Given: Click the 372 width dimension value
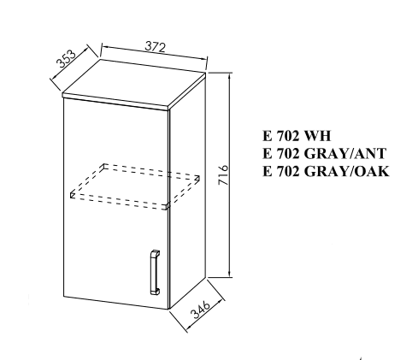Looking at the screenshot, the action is coord(156,47).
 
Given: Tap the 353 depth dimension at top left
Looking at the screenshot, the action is coord(66,58).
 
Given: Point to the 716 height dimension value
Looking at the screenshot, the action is coord(223,174).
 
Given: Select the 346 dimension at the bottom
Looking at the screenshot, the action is coord(201,309).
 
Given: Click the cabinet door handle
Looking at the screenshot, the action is coord(155,273).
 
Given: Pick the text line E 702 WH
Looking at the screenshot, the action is coord(297,136).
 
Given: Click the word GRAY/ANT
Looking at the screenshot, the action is coord(345,154).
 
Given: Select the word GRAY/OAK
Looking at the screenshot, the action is coord(346,171).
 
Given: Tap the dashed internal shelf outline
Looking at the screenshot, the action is coord(135,186).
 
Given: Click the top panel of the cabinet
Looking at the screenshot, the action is coord(134,85).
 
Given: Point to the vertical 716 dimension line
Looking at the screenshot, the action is coord(230,174).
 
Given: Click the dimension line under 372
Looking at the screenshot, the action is coord(155,52).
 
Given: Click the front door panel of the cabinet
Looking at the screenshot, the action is coord(115,204).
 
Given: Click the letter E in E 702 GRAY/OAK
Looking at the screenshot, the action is coord(267,172).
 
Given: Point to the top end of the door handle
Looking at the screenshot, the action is coord(155,251).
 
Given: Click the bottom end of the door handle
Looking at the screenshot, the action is coord(155,293).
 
